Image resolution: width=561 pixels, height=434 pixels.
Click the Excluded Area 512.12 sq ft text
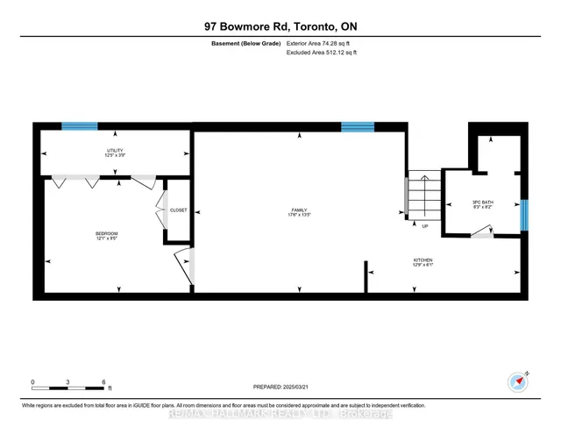pyautogui.click(x=321, y=53)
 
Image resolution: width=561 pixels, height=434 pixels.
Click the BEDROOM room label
pyautogui.click(x=106, y=234)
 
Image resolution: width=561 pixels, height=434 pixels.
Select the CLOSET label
pyautogui.click(x=179, y=210)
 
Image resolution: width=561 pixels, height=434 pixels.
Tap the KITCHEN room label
pyautogui.click(x=424, y=261)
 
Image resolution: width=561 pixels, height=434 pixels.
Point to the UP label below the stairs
pyautogui.click(x=425, y=225)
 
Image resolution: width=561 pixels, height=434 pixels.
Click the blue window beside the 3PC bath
pyautogui.click(x=524, y=213)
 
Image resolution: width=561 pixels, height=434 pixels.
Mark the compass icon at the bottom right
pyautogui.click(x=517, y=381)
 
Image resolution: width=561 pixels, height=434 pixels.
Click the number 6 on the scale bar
pyautogui.click(x=104, y=382)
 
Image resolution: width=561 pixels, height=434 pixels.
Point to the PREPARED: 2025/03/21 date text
pyautogui.click(x=280, y=385)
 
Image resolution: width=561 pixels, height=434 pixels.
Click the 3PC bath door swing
pyautogui.click(x=480, y=231)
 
